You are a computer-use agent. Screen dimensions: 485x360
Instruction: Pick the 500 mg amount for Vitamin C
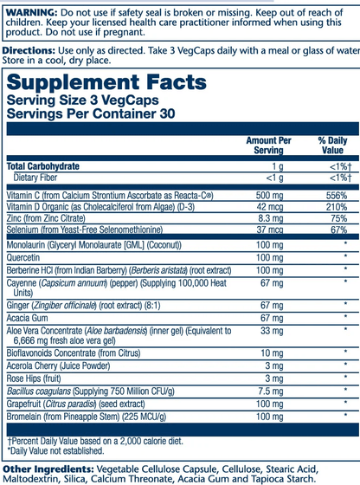pos(269,196)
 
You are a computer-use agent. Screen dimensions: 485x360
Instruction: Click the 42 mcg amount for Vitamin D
pos(269,208)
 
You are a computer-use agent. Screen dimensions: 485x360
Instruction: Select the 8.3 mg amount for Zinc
pos(269,220)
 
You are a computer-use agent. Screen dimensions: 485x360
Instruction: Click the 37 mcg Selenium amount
pos(269,231)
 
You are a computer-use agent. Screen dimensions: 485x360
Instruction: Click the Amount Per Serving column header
pos(269,145)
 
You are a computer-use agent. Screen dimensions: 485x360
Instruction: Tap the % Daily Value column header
pos(331,145)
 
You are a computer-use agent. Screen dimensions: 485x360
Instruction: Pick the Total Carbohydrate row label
pos(43,165)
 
